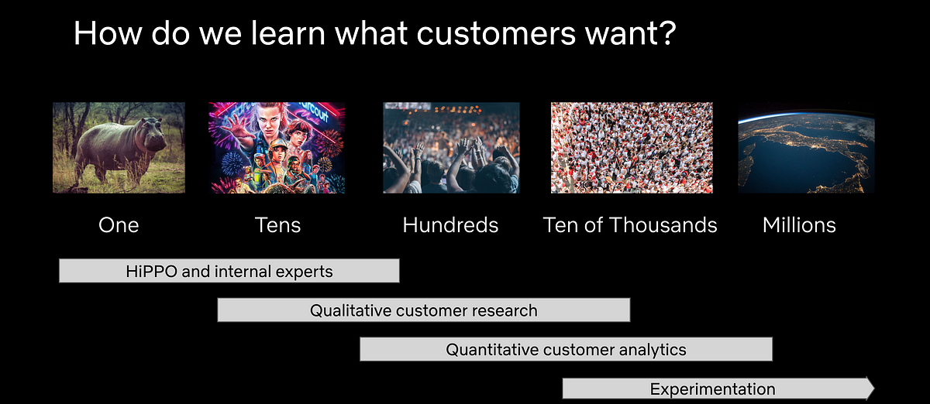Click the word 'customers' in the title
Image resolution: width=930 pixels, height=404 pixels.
pyautogui.click(x=496, y=33)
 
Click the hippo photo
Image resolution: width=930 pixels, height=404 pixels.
pyautogui.click(x=119, y=148)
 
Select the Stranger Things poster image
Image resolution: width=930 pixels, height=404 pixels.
pyautogui.click(x=277, y=148)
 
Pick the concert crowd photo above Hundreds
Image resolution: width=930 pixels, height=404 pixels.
pyautogui.click(x=451, y=148)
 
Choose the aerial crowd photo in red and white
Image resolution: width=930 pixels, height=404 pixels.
pyautogui.click(x=632, y=148)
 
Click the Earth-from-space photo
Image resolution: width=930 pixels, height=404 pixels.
pyautogui.click(x=806, y=148)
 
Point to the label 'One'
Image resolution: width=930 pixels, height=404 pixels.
pyautogui.click(x=119, y=225)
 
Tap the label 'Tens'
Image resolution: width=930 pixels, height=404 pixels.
pyautogui.click(x=277, y=225)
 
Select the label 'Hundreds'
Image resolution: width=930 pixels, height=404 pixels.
pyautogui.click(x=450, y=225)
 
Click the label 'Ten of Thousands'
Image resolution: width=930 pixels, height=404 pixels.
pyautogui.click(x=630, y=225)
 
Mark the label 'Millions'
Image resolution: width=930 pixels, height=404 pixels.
pyautogui.click(x=799, y=225)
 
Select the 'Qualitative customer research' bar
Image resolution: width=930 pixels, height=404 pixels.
pyautogui.click(x=423, y=310)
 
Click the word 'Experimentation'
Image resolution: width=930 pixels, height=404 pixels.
pyautogui.click(x=712, y=389)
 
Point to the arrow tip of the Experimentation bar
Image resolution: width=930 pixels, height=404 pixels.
pyautogui.click(x=874, y=389)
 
